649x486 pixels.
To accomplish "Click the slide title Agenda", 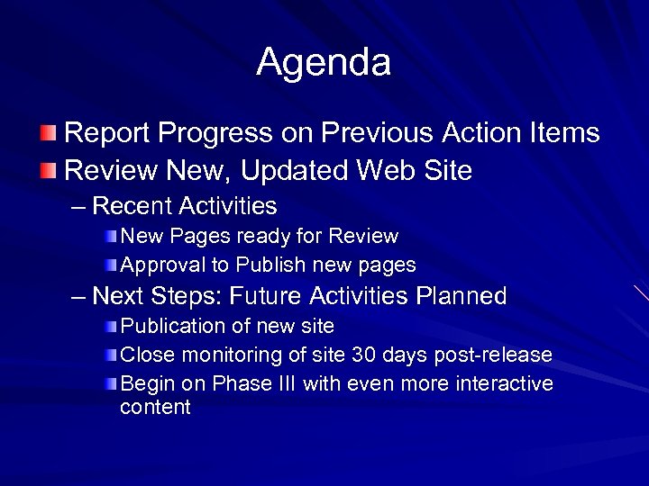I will point(324,62).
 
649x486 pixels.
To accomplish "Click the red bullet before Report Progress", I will point(51,134).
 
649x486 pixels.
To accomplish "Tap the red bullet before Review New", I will point(51,171).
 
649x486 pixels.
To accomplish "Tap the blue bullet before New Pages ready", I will point(110,237).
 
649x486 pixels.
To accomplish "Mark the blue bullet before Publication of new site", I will point(110,326).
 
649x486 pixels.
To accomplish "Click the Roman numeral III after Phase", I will point(283,383).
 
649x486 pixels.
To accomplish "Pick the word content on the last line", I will point(155,407).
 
